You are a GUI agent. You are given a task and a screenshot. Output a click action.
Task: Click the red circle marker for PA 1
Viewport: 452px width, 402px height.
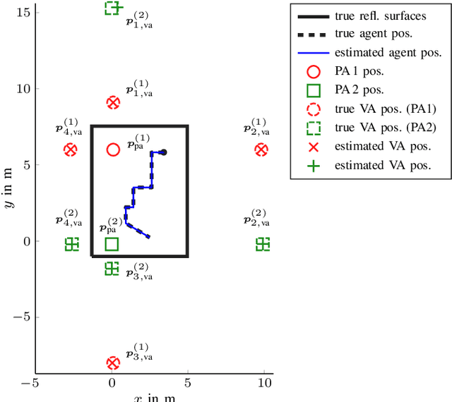[113, 150]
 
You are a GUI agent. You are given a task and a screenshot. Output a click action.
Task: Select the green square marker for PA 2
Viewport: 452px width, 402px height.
[112, 244]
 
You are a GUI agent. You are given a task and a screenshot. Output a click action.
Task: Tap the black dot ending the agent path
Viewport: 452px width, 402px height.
[163, 152]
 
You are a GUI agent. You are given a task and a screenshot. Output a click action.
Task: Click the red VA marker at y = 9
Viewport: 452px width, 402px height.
[113, 103]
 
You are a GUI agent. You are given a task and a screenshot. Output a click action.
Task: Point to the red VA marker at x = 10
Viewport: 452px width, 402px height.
[261, 150]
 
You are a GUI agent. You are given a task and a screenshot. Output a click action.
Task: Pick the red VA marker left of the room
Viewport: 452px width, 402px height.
[70, 150]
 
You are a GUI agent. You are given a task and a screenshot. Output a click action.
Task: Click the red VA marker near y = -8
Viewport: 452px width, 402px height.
[113, 363]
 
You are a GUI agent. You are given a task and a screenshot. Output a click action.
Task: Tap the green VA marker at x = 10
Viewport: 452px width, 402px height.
[263, 244]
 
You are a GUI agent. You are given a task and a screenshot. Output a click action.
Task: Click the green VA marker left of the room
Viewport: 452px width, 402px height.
[71, 244]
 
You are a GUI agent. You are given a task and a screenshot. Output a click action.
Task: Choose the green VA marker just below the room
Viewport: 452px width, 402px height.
[112, 268]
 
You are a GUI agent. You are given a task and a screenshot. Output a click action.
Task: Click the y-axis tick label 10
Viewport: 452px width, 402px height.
[20, 88]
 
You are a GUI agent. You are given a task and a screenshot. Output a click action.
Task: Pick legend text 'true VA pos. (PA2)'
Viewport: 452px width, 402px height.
[385, 128]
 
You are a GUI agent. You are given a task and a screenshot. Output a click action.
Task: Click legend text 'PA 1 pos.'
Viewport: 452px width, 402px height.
[359, 72]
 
